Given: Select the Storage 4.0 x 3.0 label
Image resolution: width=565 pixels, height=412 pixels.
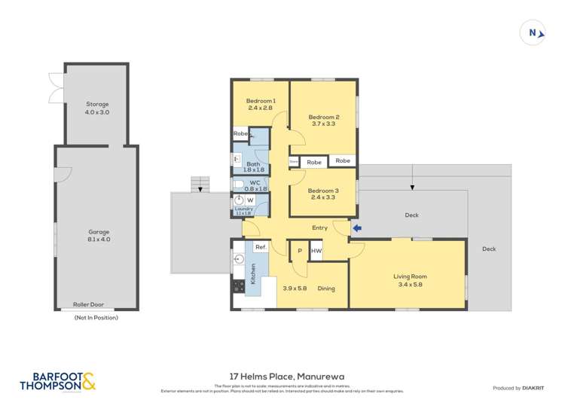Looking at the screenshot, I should coord(96,108).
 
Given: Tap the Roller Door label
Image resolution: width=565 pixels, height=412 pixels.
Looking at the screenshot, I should coord(88,305).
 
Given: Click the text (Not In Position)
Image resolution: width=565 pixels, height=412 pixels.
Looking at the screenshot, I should coord(96,318).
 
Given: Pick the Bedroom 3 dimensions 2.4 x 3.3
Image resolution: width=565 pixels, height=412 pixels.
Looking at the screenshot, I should coord(323,198).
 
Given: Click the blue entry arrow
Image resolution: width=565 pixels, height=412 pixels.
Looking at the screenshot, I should coord(358,228).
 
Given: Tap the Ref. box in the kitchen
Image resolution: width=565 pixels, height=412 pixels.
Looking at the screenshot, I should coord(261,247).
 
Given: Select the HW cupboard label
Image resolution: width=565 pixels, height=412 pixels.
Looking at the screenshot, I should coord(316,251).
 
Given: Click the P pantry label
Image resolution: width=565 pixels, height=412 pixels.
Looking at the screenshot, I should coord(299,251).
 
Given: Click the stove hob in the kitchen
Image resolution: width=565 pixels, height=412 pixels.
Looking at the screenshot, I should coord(239,286).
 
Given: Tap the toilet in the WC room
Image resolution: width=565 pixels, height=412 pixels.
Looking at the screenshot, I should coord(237,185).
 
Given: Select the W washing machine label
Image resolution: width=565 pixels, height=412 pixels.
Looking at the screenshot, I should coord(250,200).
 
